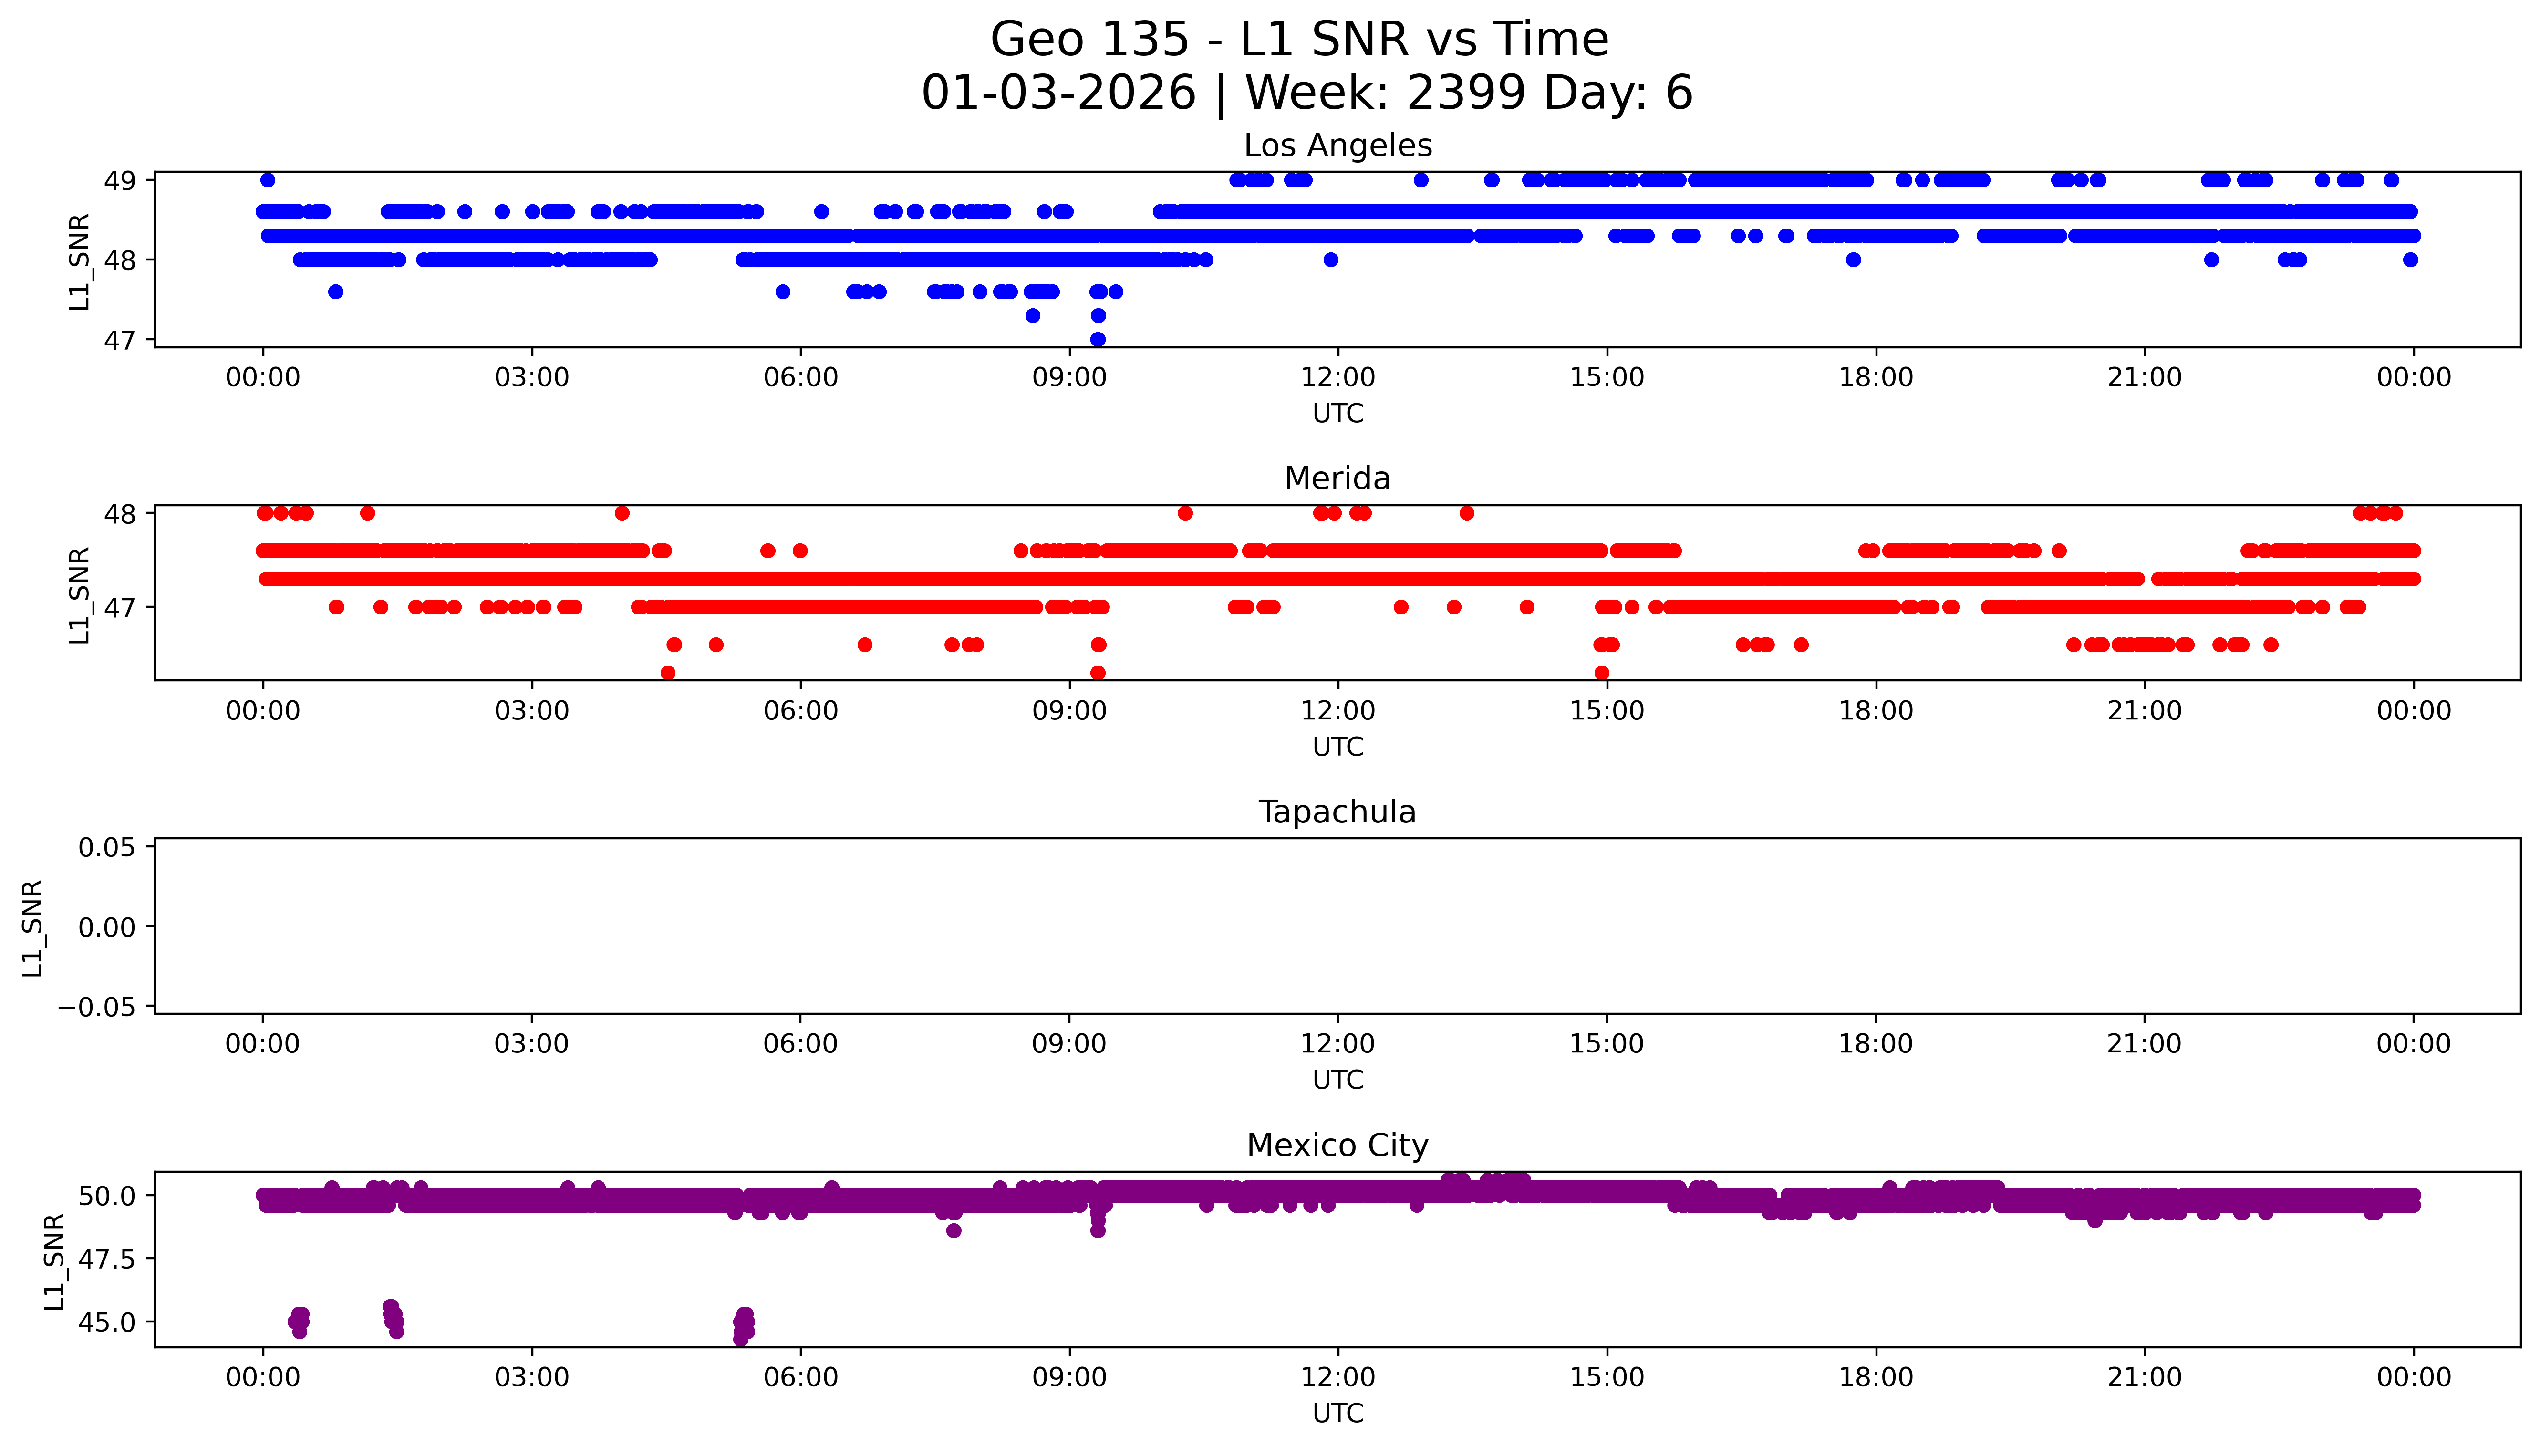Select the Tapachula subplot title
1337,812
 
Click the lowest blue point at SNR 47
1098,339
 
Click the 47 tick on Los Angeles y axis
119,340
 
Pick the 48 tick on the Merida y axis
119,514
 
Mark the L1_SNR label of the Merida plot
80,594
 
